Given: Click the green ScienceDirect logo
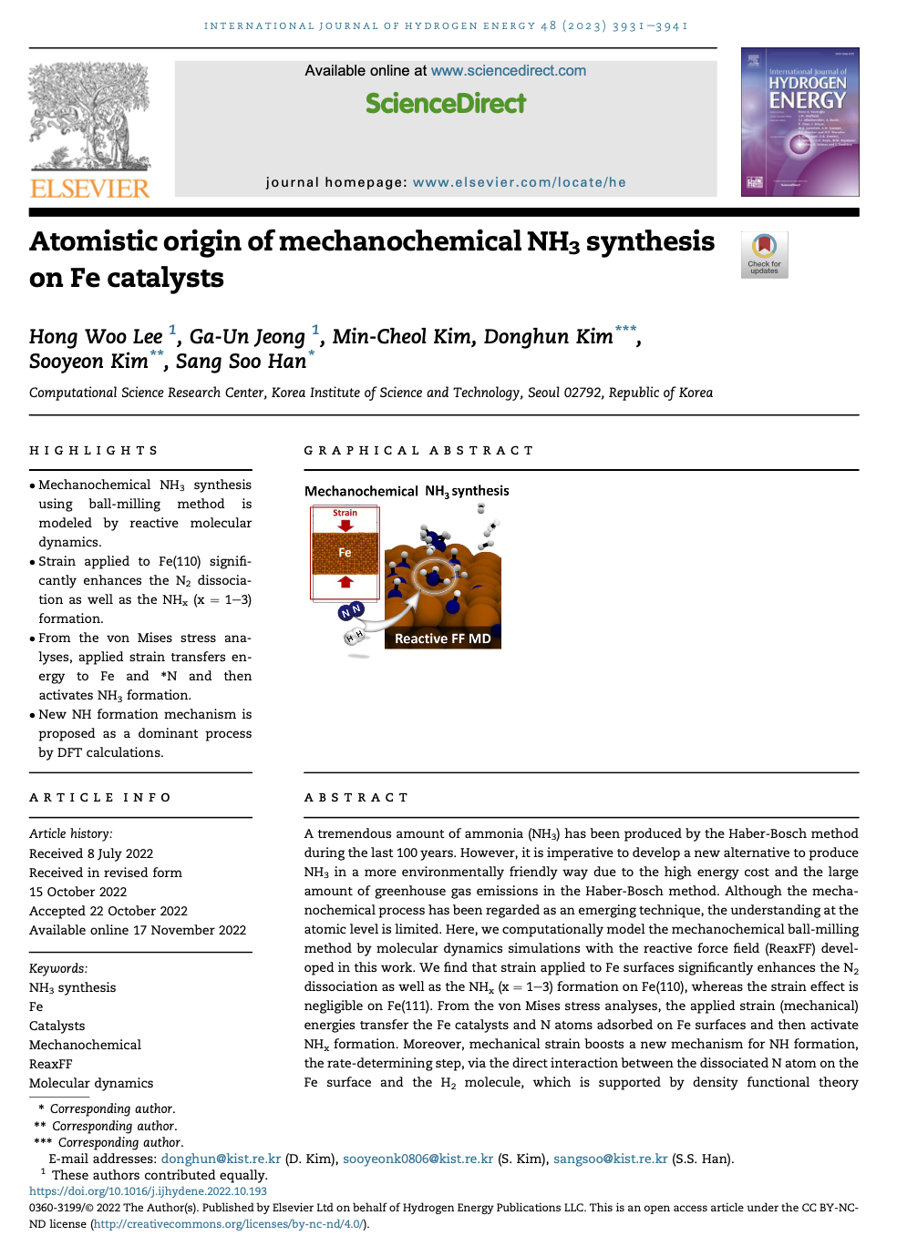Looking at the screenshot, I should [x=446, y=104].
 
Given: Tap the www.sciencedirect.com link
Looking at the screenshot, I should [x=508, y=71].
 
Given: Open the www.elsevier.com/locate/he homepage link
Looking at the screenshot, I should [x=519, y=182].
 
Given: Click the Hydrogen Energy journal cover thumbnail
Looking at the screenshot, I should [x=799, y=122].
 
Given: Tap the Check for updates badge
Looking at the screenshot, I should [x=764, y=254].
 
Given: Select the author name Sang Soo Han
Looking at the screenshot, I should [x=241, y=362].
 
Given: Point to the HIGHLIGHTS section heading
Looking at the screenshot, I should [x=94, y=451].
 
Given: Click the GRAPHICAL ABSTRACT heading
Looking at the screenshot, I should [x=418, y=451].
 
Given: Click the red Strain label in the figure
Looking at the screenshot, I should [x=345, y=513].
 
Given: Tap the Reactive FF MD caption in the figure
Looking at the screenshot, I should [x=442, y=638].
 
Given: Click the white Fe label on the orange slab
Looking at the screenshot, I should [x=345, y=553].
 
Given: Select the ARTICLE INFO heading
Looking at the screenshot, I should [x=100, y=798].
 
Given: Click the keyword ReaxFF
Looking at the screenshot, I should [x=50, y=1064].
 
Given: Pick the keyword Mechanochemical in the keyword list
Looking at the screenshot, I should [x=85, y=1045].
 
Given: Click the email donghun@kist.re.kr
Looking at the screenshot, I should [x=221, y=1159].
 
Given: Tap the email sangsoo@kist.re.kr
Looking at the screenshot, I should [x=610, y=1159].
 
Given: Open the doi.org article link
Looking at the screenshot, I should [x=148, y=1190].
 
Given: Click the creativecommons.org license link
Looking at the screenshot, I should [x=228, y=1223].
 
